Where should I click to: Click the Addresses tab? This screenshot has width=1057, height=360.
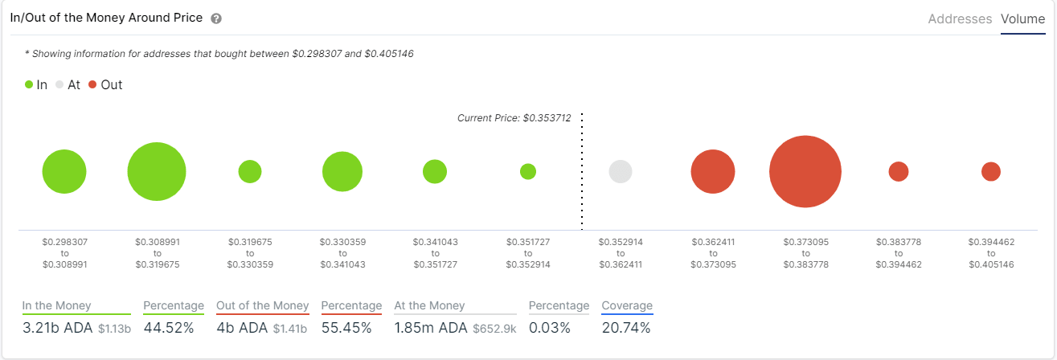pyautogui.click(x=960, y=18)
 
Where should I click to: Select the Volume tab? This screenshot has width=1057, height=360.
pyautogui.click(x=1022, y=18)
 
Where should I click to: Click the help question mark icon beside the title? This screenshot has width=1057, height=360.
pyautogui.click(x=216, y=18)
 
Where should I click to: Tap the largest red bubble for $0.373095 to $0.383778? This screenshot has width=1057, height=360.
pyautogui.click(x=805, y=172)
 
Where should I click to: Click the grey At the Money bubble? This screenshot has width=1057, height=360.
pyautogui.click(x=620, y=171)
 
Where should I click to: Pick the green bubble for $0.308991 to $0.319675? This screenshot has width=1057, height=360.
pyautogui.click(x=157, y=171)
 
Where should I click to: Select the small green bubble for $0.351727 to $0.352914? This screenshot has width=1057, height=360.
pyautogui.click(x=528, y=171)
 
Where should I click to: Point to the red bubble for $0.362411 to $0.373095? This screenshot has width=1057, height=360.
pyautogui.click(x=712, y=171)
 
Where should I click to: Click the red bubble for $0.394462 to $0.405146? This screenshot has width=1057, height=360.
pyautogui.click(x=990, y=171)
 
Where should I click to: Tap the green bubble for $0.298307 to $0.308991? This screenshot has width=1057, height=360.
pyautogui.click(x=64, y=171)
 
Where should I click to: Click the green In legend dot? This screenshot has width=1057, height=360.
pyautogui.click(x=29, y=84)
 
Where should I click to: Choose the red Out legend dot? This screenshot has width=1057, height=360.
pyautogui.click(x=92, y=84)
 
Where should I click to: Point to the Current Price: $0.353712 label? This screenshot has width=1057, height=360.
pyautogui.click(x=514, y=118)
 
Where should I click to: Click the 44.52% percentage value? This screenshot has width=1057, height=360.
pyautogui.click(x=169, y=328)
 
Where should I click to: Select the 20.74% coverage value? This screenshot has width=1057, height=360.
pyautogui.click(x=626, y=328)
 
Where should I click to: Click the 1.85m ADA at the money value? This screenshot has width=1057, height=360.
pyautogui.click(x=430, y=328)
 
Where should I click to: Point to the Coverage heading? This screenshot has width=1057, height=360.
pyautogui.click(x=627, y=305)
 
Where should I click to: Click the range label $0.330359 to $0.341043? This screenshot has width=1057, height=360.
pyautogui.click(x=342, y=252)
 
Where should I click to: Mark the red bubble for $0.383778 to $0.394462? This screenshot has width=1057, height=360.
pyautogui.click(x=898, y=171)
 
